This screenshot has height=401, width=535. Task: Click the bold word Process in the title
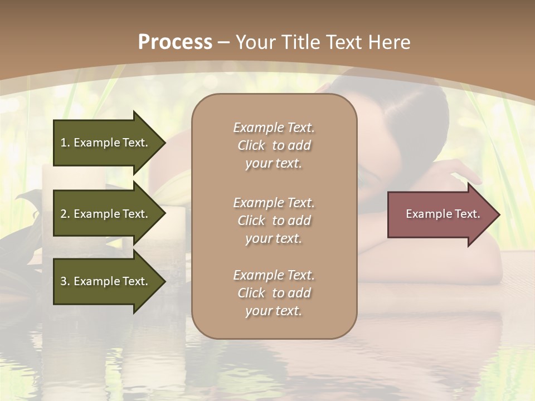pos(175,42)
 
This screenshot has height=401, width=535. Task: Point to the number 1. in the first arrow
pos(65,143)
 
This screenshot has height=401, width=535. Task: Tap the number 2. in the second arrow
pos(65,214)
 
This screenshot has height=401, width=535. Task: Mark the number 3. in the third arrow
pos(65,281)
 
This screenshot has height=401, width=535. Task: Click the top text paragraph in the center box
pos(274,145)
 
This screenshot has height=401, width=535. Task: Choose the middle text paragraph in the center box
pos(274,221)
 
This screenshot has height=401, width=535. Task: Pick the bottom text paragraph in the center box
pos(274,293)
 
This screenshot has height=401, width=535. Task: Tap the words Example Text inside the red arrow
pos(443,214)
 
